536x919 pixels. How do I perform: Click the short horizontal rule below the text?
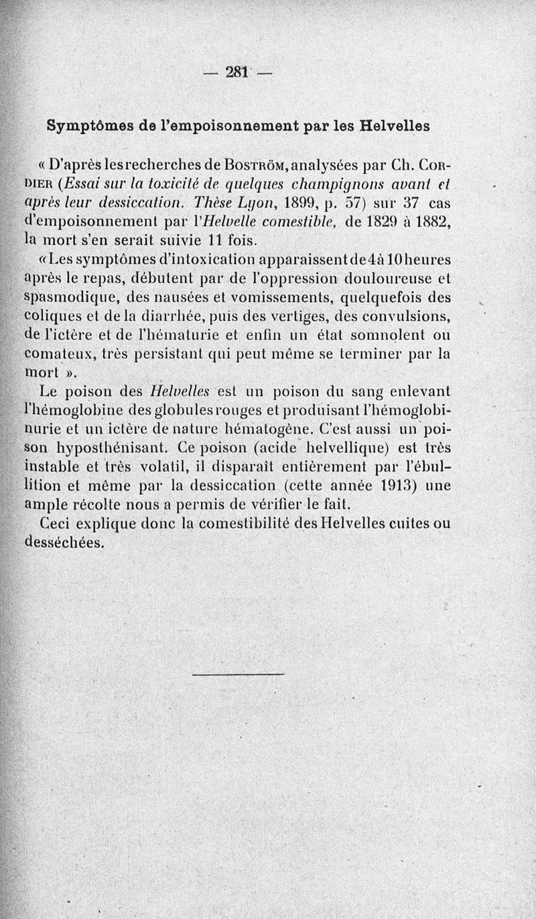pos(239,673)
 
